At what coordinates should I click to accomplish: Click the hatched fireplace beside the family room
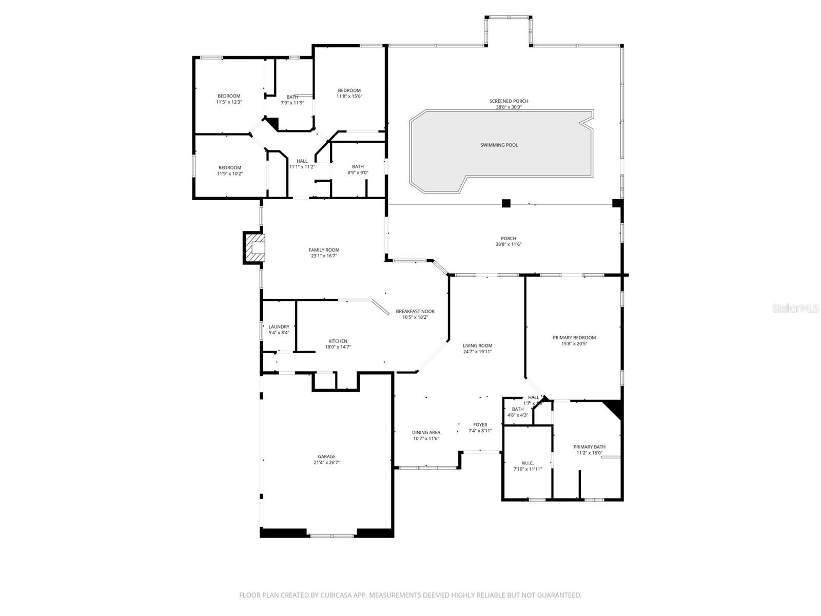254,248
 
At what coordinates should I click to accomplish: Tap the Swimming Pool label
499,145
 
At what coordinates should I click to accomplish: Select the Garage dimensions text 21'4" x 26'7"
326,463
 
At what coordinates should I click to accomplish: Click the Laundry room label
279,327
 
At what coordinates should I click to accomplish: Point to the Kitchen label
338,341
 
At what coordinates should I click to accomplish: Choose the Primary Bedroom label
574,338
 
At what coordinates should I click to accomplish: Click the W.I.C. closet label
527,463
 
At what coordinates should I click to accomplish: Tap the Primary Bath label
589,447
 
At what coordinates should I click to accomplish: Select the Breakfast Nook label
415,312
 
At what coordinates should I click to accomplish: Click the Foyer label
480,425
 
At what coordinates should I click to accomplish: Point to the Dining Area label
426,433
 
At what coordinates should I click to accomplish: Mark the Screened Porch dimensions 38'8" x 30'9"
509,107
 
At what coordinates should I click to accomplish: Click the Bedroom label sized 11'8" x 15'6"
349,91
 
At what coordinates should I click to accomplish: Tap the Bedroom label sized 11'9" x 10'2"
229,168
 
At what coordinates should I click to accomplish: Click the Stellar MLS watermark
795,309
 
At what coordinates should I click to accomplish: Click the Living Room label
477,346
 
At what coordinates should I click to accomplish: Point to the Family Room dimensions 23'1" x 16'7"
324,256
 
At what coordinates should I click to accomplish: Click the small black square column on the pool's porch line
506,203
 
